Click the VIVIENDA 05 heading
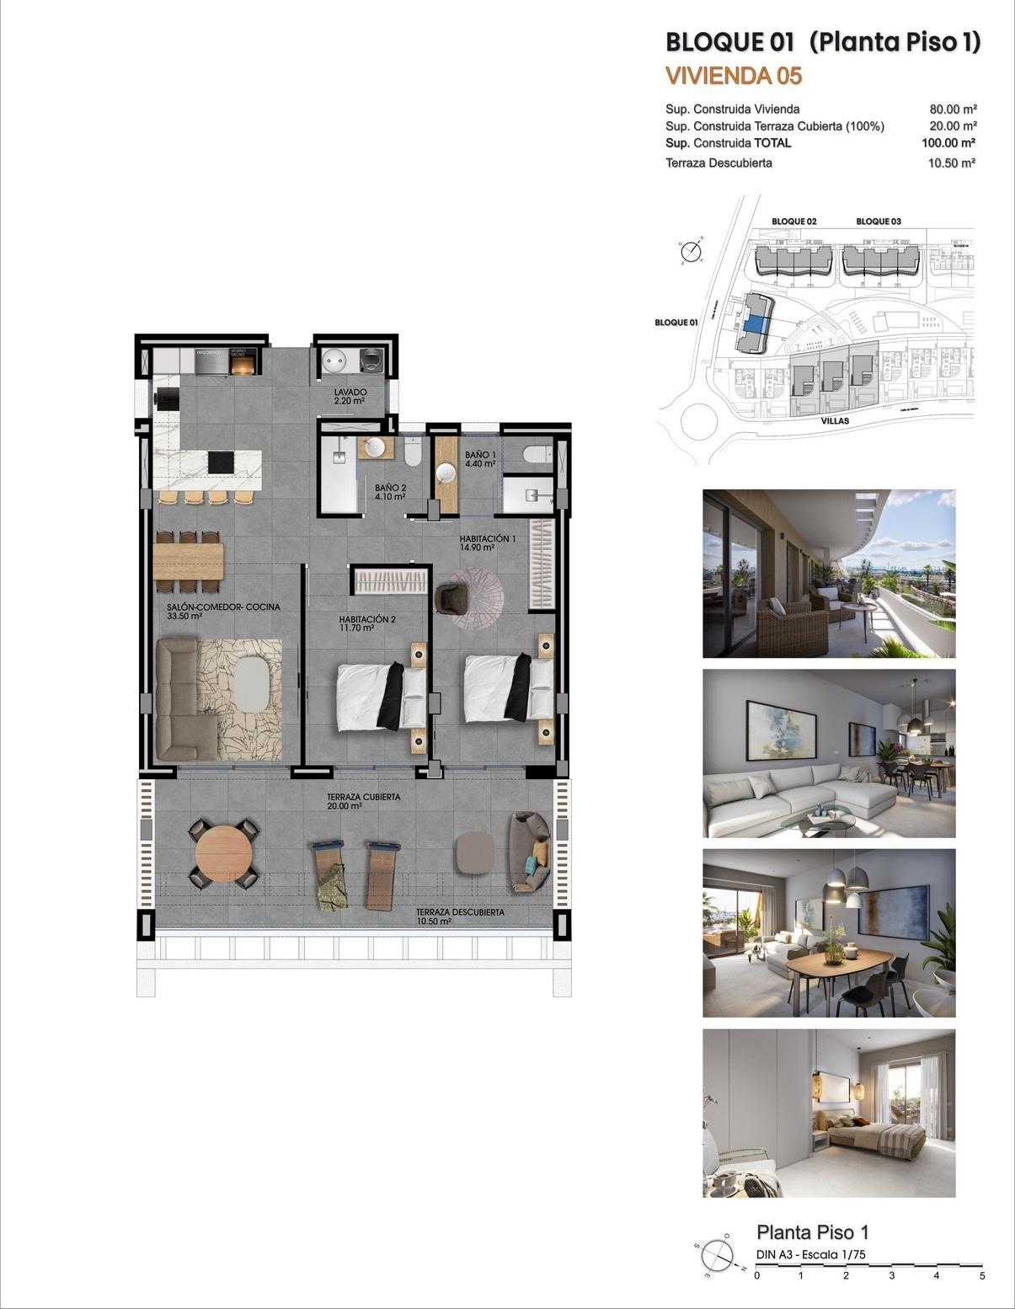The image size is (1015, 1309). coord(733,76)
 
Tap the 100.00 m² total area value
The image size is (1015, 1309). coord(948,143)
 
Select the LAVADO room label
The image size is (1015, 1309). coord(350,393)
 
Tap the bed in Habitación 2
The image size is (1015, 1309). coord(381,696)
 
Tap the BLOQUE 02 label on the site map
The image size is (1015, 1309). coord(794,222)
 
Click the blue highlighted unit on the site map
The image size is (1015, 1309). coord(756,320)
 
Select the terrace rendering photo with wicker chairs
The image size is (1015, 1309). coord(829,573)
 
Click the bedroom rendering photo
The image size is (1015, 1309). coord(829,1112)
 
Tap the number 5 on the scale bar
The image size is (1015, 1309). coord(982,1275)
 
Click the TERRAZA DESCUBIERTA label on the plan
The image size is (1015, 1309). coord(460,912)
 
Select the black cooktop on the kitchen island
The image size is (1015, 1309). coord(222,462)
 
